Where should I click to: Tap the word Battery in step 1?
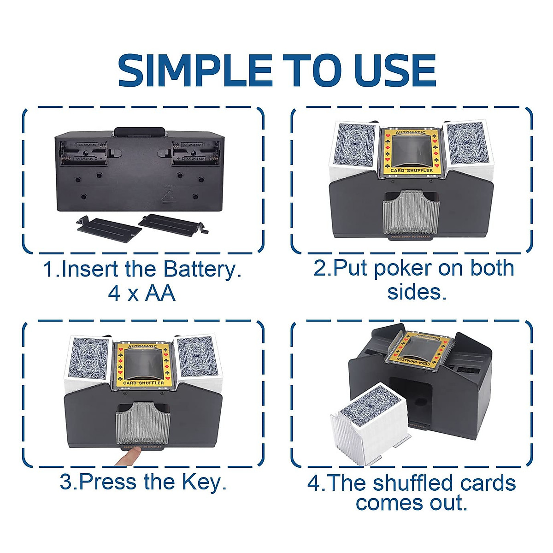pyautogui.click(x=203, y=269)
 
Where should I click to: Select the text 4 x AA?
pyautogui.click(x=141, y=293)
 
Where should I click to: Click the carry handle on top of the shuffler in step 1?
pyautogui.click(x=140, y=132)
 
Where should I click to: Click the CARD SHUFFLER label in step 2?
pyautogui.click(x=412, y=171)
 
